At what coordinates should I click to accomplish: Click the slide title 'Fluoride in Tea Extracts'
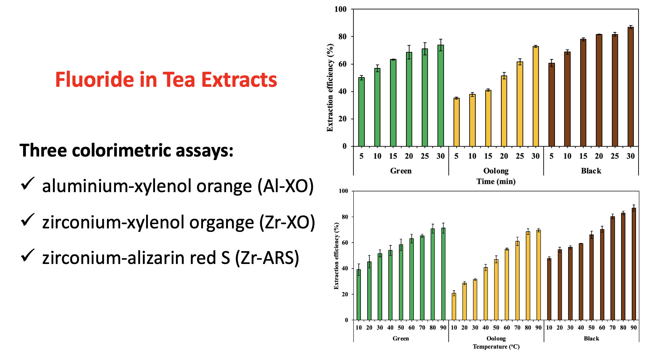[x=166, y=79]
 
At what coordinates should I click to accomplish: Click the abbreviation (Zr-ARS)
[x=267, y=258]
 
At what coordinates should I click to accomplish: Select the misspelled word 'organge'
[x=221, y=223]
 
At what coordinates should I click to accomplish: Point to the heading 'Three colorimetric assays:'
[x=126, y=150]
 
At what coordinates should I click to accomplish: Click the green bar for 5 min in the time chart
[x=361, y=112]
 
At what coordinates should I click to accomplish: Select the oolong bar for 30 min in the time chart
[x=535, y=96]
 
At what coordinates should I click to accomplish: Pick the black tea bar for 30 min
[x=630, y=87]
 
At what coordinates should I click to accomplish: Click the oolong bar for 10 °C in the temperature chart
[x=454, y=307]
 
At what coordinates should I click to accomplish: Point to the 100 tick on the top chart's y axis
[x=341, y=9]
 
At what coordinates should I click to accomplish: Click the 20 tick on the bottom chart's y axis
[x=345, y=295]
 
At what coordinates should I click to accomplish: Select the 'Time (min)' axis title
[x=496, y=181]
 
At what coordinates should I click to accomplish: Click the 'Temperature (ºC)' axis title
[x=496, y=346]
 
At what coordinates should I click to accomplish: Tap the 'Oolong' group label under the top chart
[x=496, y=171]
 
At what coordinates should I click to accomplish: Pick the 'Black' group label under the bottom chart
[x=591, y=338]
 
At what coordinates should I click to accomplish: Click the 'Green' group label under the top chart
[x=401, y=171]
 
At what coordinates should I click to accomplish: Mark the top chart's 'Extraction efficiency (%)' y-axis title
[x=330, y=88]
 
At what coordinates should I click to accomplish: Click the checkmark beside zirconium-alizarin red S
[x=27, y=255]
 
